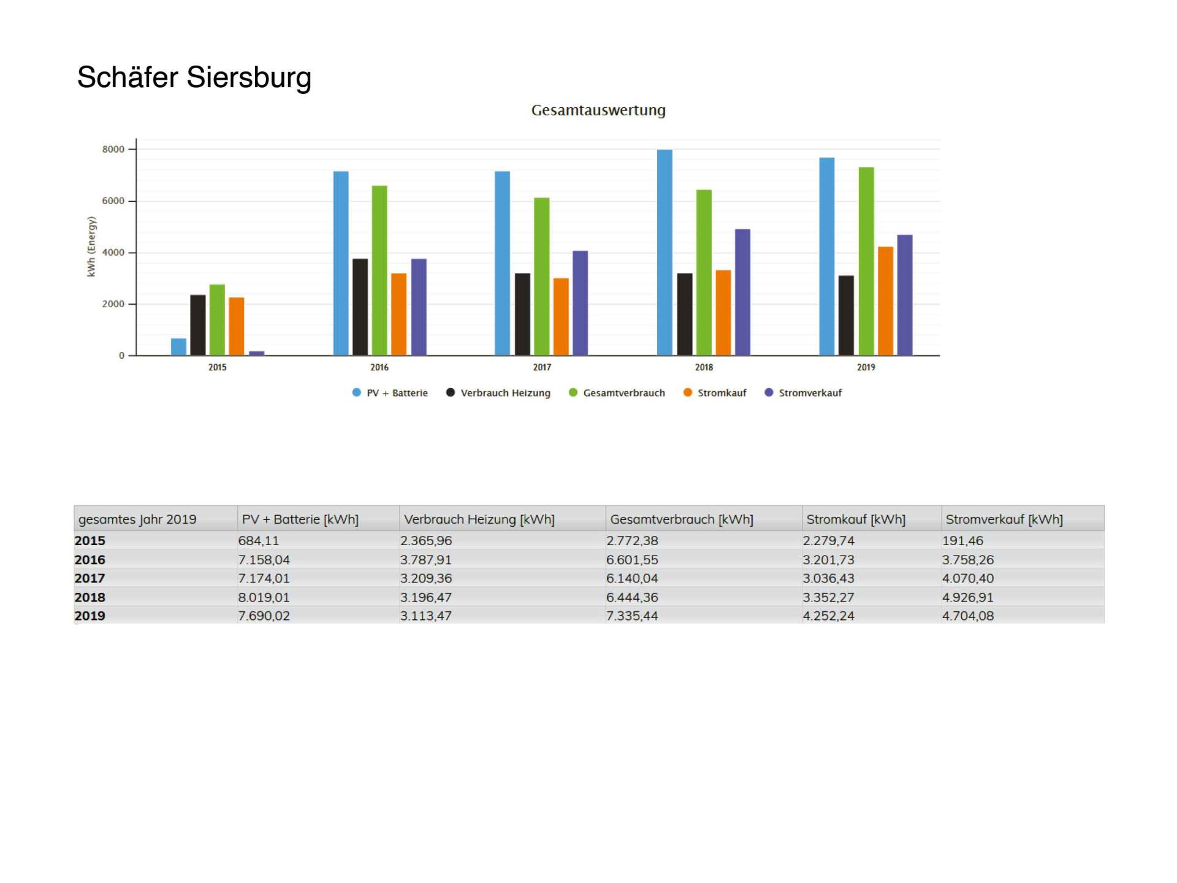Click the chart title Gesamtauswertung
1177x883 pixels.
click(x=598, y=110)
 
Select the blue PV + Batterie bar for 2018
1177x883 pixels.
click(x=665, y=251)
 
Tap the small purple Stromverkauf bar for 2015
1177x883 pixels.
click(x=257, y=353)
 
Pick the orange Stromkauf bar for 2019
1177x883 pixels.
click(x=885, y=300)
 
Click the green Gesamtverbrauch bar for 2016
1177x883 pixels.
click(x=379, y=270)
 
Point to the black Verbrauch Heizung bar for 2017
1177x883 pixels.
click(x=522, y=314)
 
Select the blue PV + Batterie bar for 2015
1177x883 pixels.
click(x=178, y=346)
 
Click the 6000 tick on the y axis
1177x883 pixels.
click(x=113, y=201)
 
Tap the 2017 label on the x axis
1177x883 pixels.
click(x=542, y=367)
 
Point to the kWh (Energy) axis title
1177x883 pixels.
click(x=91, y=247)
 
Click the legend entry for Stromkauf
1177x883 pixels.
click(x=715, y=393)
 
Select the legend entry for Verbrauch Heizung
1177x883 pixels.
click(x=498, y=393)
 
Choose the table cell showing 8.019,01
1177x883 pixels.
click(x=264, y=597)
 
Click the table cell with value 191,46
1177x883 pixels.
click(x=962, y=541)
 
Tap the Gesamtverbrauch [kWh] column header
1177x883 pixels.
click(x=681, y=519)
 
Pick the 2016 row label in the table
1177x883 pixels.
click(x=90, y=560)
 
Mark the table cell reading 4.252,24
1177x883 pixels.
click(x=828, y=616)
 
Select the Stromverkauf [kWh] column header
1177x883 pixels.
click(x=1004, y=519)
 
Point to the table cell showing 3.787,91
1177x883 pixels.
click(x=425, y=560)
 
